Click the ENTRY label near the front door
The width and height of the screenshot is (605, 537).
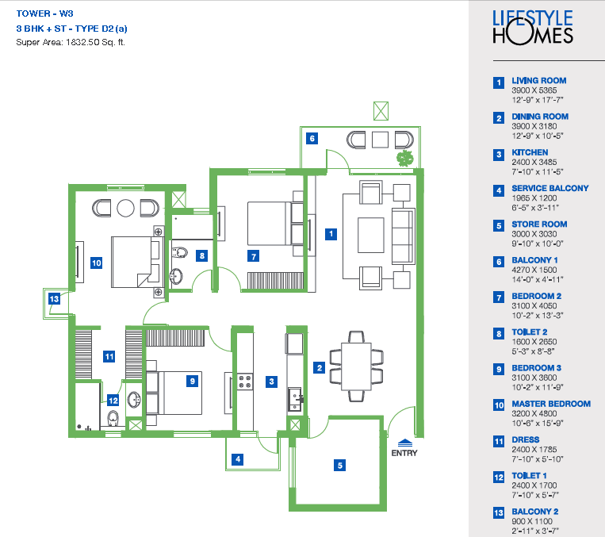[404, 453]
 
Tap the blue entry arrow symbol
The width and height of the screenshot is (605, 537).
[404, 443]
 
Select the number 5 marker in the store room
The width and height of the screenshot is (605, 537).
[339, 465]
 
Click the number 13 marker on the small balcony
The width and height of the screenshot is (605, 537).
[54, 298]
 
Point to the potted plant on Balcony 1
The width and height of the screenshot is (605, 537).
[404, 159]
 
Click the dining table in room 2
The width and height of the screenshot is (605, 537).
[357, 366]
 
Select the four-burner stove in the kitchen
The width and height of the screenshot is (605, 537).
[245, 382]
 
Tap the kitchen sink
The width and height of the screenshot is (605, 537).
[296, 399]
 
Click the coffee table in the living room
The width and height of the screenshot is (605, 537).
[371, 235]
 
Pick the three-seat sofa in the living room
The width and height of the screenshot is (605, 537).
[404, 236]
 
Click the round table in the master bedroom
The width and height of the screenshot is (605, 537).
[125, 208]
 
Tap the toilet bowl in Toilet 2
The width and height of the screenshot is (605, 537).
[179, 253]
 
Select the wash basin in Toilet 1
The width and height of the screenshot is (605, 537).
[134, 400]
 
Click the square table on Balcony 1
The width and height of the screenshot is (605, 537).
[380, 140]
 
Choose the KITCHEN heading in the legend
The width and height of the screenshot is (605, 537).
[530, 152]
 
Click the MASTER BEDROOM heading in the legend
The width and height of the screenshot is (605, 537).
[551, 404]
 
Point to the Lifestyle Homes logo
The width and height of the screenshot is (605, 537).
[533, 27]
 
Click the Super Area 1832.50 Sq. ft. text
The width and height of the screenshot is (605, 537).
[71, 42]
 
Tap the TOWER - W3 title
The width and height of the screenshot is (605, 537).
[44, 13]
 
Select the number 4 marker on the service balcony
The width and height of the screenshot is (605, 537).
[238, 459]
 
